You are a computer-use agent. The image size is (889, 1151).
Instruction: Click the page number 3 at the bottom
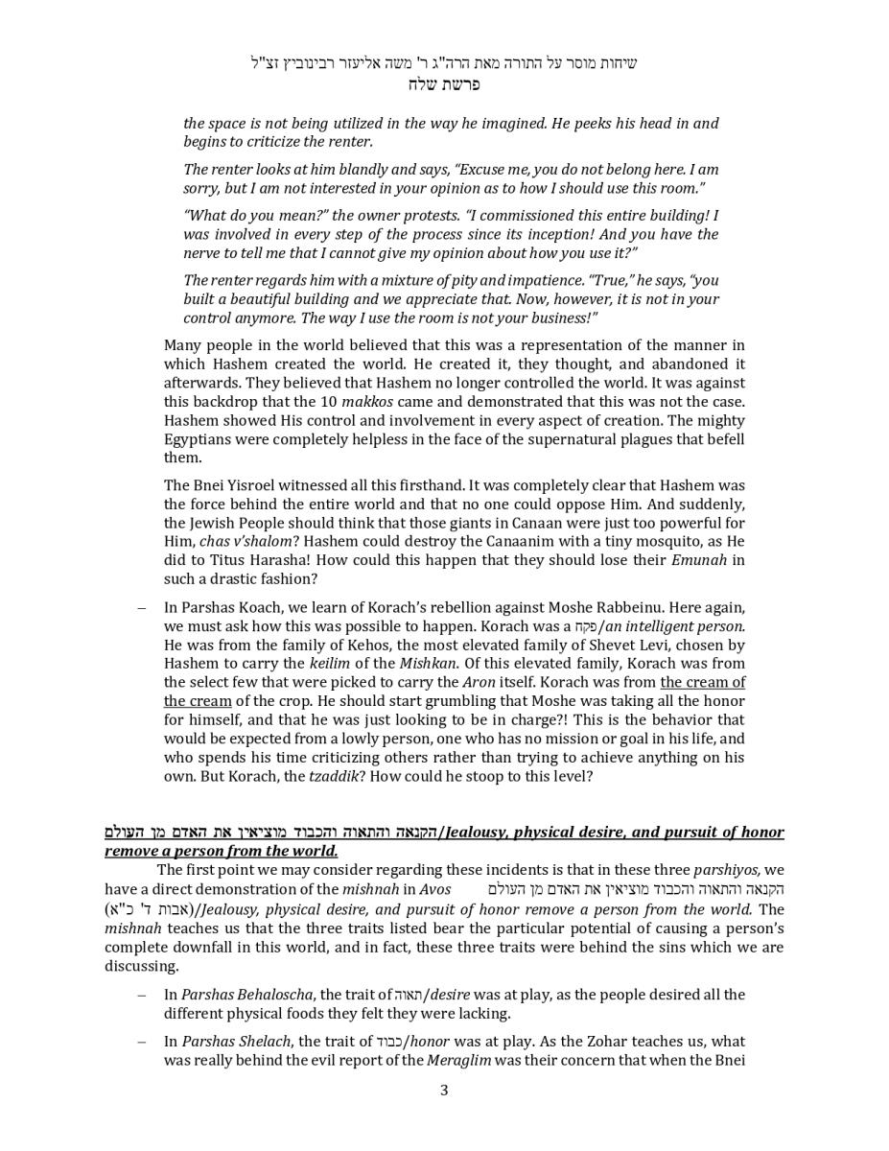click(444, 1091)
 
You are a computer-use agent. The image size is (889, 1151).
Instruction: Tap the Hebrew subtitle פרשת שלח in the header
click(443, 84)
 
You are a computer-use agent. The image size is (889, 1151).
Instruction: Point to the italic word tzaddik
click(332, 776)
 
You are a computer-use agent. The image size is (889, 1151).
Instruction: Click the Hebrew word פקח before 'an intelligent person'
click(584, 626)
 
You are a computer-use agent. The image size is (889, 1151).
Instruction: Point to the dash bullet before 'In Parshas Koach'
click(142, 608)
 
